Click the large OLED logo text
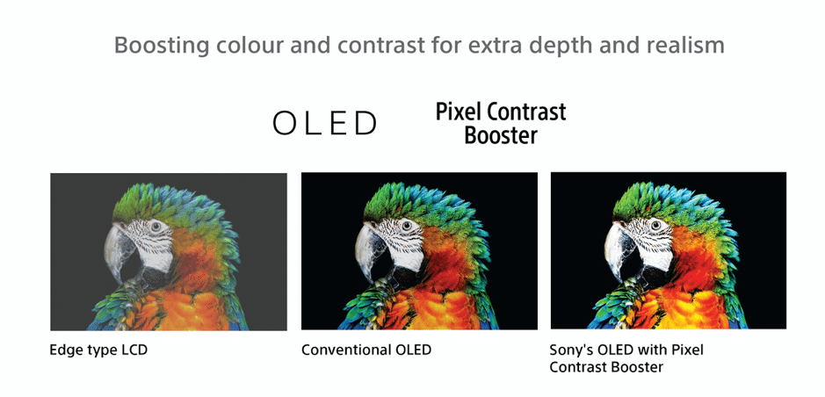click(x=324, y=124)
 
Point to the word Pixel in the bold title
click(x=459, y=112)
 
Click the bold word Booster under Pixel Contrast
click(x=501, y=135)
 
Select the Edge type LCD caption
click(x=98, y=350)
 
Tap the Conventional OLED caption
click(x=366, y=350)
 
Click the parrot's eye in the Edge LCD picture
click(x=156, y=227)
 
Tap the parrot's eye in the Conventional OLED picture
click(x=407, y=226)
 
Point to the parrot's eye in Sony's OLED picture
click(x=655, y=225)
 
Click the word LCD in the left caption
click(x=134, y=350)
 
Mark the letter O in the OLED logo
click(x=285, y=124)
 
